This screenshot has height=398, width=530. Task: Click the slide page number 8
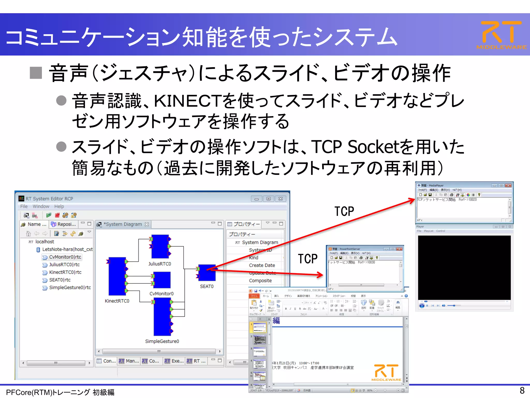click(x=522, y=390)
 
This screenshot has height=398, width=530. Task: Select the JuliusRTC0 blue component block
click(x=160, y=246)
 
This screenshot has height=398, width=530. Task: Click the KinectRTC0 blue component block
click(x=117, y=276)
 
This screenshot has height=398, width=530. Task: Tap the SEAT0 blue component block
click(x=207, y=273)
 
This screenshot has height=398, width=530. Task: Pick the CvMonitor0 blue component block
click(x=162, y=280)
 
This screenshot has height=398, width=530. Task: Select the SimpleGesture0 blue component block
click(x=162, y=316)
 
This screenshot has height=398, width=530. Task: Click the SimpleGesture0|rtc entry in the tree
click(x=70, y=287)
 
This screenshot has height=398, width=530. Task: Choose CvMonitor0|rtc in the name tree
click(x=65, y=257)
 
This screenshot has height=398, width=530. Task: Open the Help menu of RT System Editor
click(x=59, y=207)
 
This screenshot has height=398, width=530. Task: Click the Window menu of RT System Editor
click(x=41, y=207)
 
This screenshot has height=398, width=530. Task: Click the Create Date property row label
click(x=262, y=265)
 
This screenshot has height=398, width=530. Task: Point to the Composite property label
click(x=260, y=281)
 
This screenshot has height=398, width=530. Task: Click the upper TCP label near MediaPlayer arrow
click(x=344, y=211)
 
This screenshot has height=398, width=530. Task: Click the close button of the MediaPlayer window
click(x=508, y=186)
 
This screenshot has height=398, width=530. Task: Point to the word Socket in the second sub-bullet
click(x=373, y=147)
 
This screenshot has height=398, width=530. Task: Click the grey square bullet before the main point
click(x=36, y=73)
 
